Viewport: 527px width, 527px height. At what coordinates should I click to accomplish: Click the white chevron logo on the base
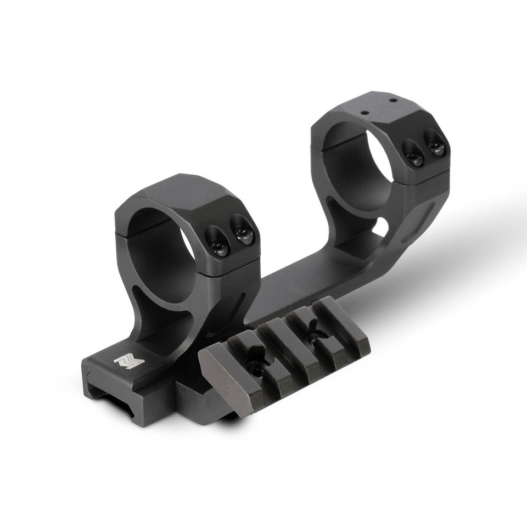tap(128, 361)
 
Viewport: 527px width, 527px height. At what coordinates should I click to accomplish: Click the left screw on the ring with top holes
tap(413, 153)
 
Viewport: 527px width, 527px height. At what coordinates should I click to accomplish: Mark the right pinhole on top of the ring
tap(393, 100)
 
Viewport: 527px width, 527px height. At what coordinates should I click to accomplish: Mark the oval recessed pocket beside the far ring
tap(420, 222)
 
